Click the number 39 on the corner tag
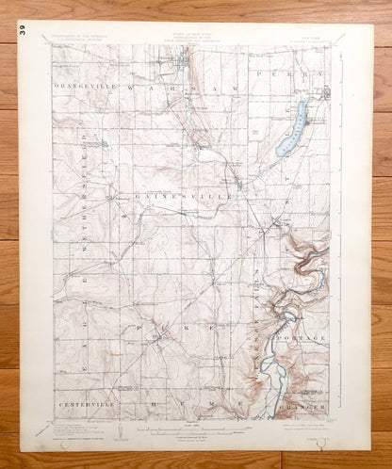tap(21, 31)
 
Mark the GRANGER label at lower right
tap(303, 406)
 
